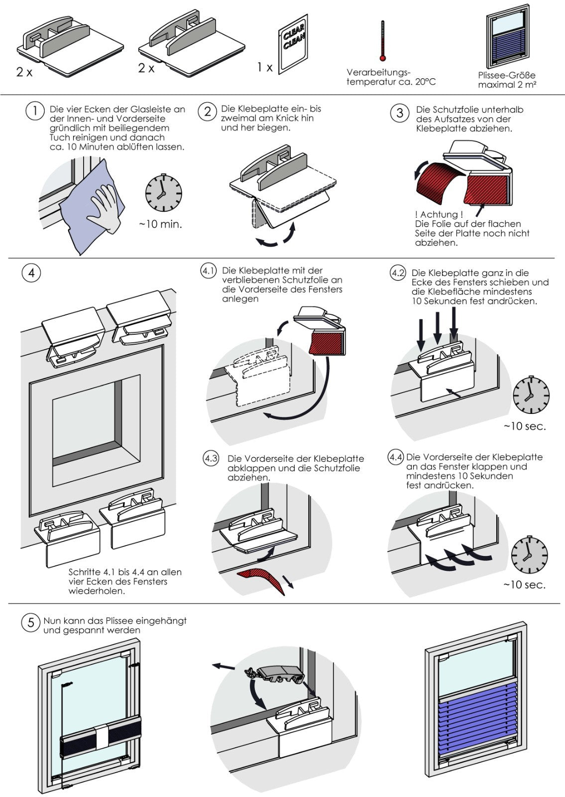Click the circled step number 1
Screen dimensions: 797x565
pyautogui.click(x=34, y=111)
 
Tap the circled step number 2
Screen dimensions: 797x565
pyautogui.click(x=207, y=111)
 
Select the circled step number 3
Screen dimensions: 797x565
pyautogui.click(x=399, y=113)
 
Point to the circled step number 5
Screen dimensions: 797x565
pyautogui.click(x=31, y=623)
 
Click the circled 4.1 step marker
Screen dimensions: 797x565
pyautogui.click(x=208, y=271)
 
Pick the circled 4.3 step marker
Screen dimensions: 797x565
pyautogui.click(x=211, y=458)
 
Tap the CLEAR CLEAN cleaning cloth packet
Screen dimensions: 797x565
pyautogui.click(x=293, y=45)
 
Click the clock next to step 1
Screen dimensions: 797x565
pyautogui.click(x=163, y=193)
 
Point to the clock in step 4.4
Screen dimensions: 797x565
pyautogui.click(x=530, y=555)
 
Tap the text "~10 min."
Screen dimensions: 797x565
pyautogui.click(x=160, y=224)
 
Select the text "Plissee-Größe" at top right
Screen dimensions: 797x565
pyautogui.click(x=507, y=76)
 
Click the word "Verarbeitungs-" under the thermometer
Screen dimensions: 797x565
pyautogui.click(x=378, y=73)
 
